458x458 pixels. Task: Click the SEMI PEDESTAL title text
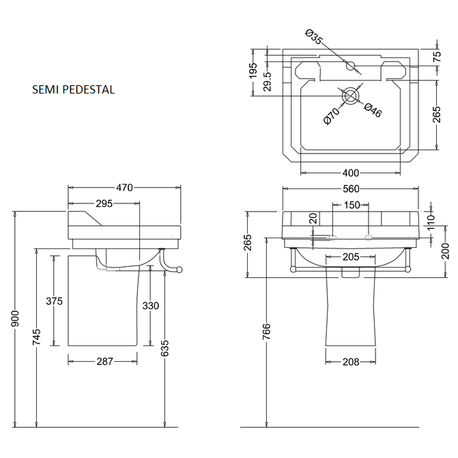(73, 89)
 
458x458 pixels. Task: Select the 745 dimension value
(38, 336)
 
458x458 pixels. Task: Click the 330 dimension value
(151, 305)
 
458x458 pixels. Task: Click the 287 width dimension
(104, 362)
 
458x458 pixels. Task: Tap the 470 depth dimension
(124, 187)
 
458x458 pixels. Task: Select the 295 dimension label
(104, 203)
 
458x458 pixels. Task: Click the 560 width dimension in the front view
(350, 188)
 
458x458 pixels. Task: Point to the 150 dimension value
(352, 205)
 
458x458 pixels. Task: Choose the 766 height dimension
(268, 332)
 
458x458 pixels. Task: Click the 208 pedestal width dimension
(350, 362)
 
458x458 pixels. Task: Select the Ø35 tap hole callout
(313, 38)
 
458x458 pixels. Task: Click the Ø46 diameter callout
(372, 111)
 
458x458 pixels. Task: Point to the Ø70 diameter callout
(331, 116)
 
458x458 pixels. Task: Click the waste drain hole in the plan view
(351, 96)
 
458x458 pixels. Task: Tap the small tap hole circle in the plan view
(351, 66)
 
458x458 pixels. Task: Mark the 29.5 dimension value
(268, 81)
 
